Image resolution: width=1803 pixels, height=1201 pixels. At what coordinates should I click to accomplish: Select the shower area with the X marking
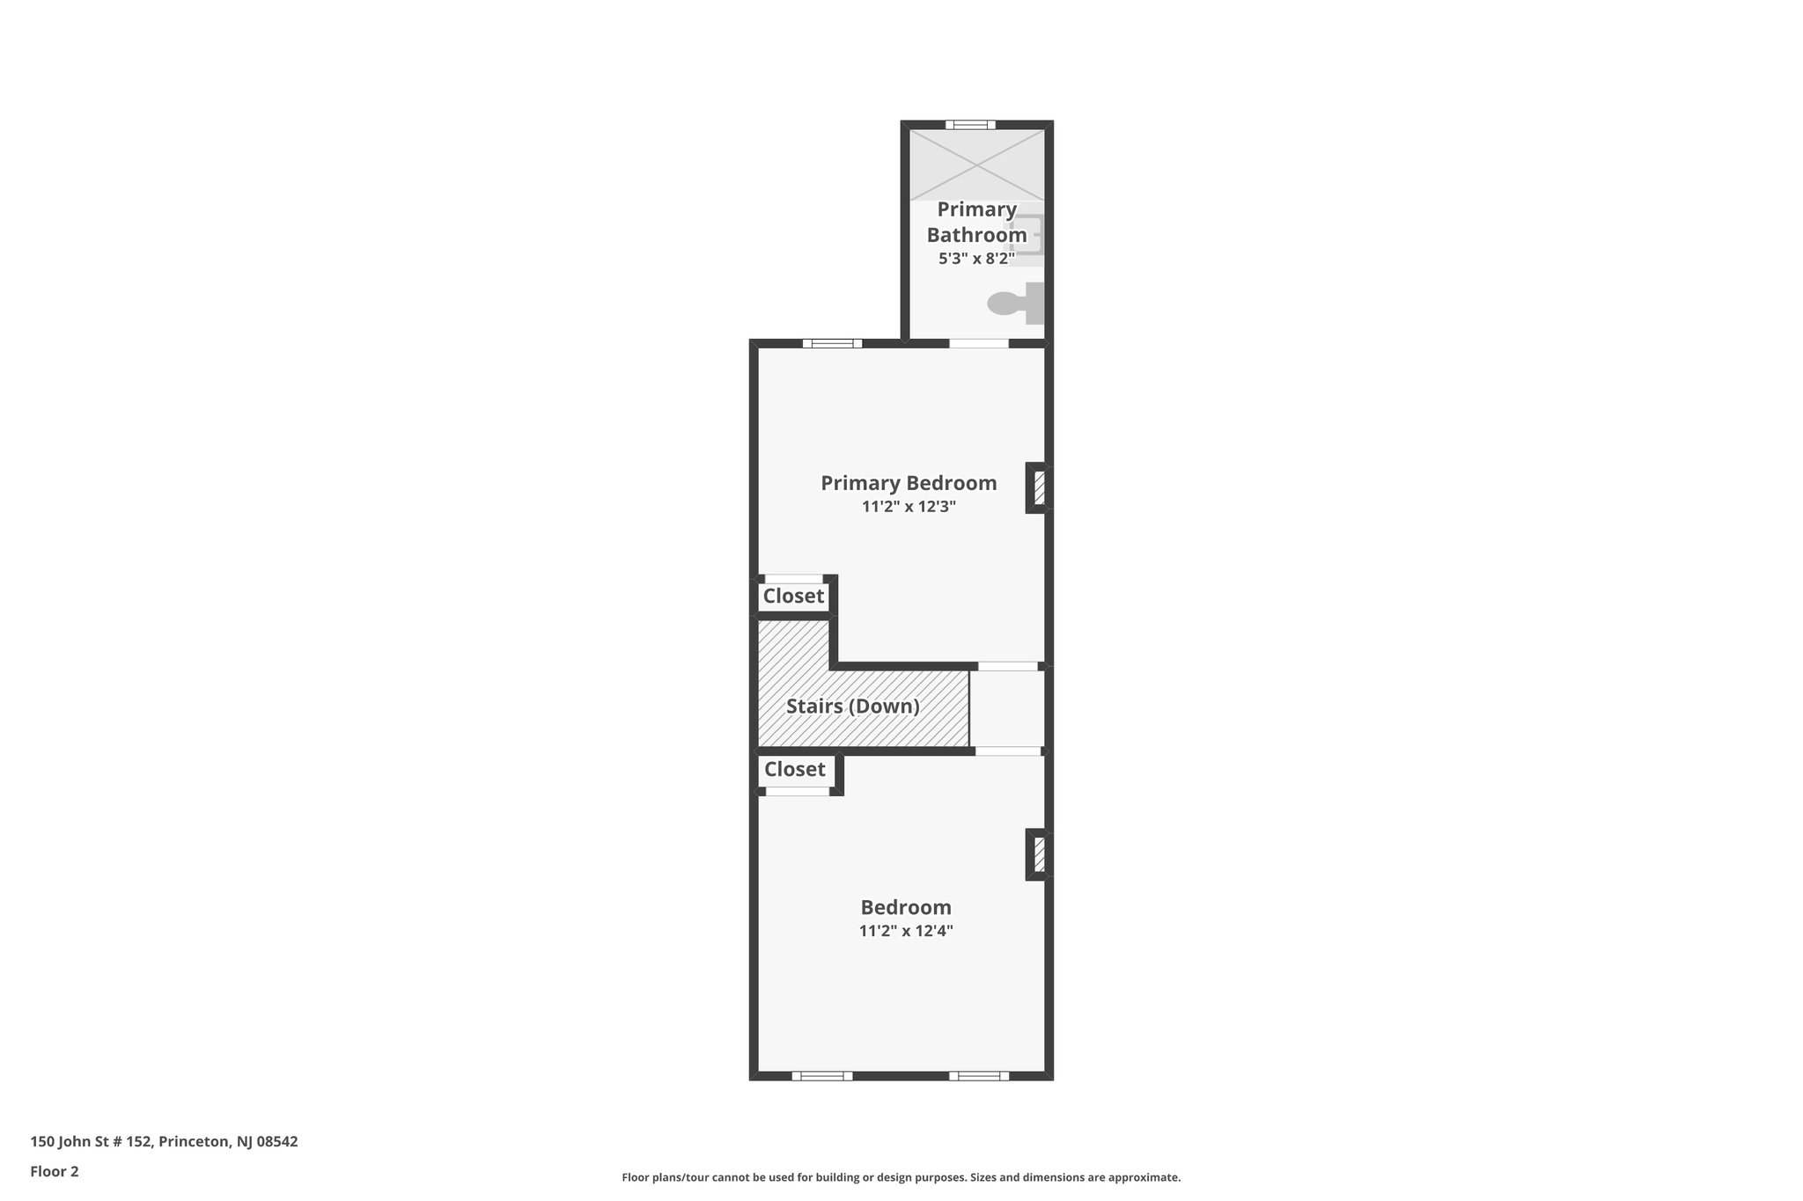click(977, 165)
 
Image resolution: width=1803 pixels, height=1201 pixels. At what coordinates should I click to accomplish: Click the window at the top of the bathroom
click(970, 125)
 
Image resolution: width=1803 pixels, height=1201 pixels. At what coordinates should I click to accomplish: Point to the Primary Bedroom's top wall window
click(832, 343)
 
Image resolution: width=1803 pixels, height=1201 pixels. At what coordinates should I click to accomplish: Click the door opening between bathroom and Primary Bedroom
click(979, 343)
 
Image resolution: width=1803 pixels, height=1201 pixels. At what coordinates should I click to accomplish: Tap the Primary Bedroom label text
click(909, 483)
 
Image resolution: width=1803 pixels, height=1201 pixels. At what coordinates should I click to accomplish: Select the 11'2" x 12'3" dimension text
click(909, 507)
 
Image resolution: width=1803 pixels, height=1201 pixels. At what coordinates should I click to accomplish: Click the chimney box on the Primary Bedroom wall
click(1038, 487)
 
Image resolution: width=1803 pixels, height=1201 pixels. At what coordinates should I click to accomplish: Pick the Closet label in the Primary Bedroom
click(793, 597)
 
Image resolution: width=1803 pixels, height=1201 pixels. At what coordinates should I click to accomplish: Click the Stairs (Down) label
click(852, 707)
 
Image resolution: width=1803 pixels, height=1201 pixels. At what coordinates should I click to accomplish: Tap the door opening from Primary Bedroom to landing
click(1009, 666)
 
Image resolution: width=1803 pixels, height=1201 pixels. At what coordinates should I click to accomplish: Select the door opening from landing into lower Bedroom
click(1008, 751)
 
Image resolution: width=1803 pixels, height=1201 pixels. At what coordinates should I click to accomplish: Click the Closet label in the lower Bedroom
click(794, 770)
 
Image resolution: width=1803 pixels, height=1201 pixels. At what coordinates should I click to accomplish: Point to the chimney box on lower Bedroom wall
click(1038, 854)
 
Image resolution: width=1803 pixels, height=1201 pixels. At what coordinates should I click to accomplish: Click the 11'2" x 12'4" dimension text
click(906, 931)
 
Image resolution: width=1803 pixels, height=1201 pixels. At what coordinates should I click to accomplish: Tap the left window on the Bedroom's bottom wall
click(822, 1075)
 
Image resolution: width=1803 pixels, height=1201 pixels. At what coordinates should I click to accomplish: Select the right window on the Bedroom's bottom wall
click(979, 1075)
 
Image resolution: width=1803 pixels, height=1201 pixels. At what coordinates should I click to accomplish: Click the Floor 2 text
click(55, 1171)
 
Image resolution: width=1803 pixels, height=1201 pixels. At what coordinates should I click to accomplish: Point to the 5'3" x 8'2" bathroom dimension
click(976, 259)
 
